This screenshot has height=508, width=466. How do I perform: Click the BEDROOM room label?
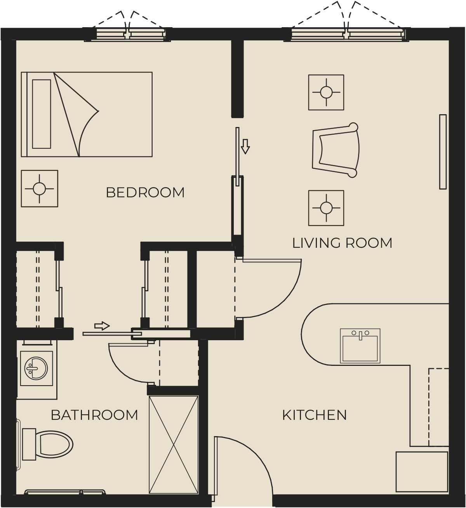tap(145, 193)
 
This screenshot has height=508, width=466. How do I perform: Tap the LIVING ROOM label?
tap(342, 243)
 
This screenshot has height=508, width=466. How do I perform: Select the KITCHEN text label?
tap(314, 415)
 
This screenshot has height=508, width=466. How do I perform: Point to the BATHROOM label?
tap(94, 415)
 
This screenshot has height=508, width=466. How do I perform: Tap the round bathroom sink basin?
tap(36, 369)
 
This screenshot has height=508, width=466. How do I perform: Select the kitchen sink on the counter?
tap(360, 346)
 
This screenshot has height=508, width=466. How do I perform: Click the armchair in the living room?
tap(336, 150)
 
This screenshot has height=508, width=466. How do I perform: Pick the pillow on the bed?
tap(42, 114)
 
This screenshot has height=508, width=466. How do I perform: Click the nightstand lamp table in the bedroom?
tap(40, 188)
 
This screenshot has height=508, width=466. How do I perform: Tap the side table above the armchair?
tap(326, 92)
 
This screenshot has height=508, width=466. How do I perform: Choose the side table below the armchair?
tap(326, 208)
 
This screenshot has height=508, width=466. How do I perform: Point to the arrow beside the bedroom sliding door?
tap(245, 146)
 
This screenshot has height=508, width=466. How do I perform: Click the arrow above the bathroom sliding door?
tap(102, 326)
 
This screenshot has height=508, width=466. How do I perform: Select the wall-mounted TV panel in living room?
tap(443, 152)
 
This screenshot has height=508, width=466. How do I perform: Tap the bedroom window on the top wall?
tap(127, 34)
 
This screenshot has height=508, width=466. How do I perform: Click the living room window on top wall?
tap(346, 34)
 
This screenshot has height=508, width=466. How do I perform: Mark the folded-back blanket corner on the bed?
tap(76, 114)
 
